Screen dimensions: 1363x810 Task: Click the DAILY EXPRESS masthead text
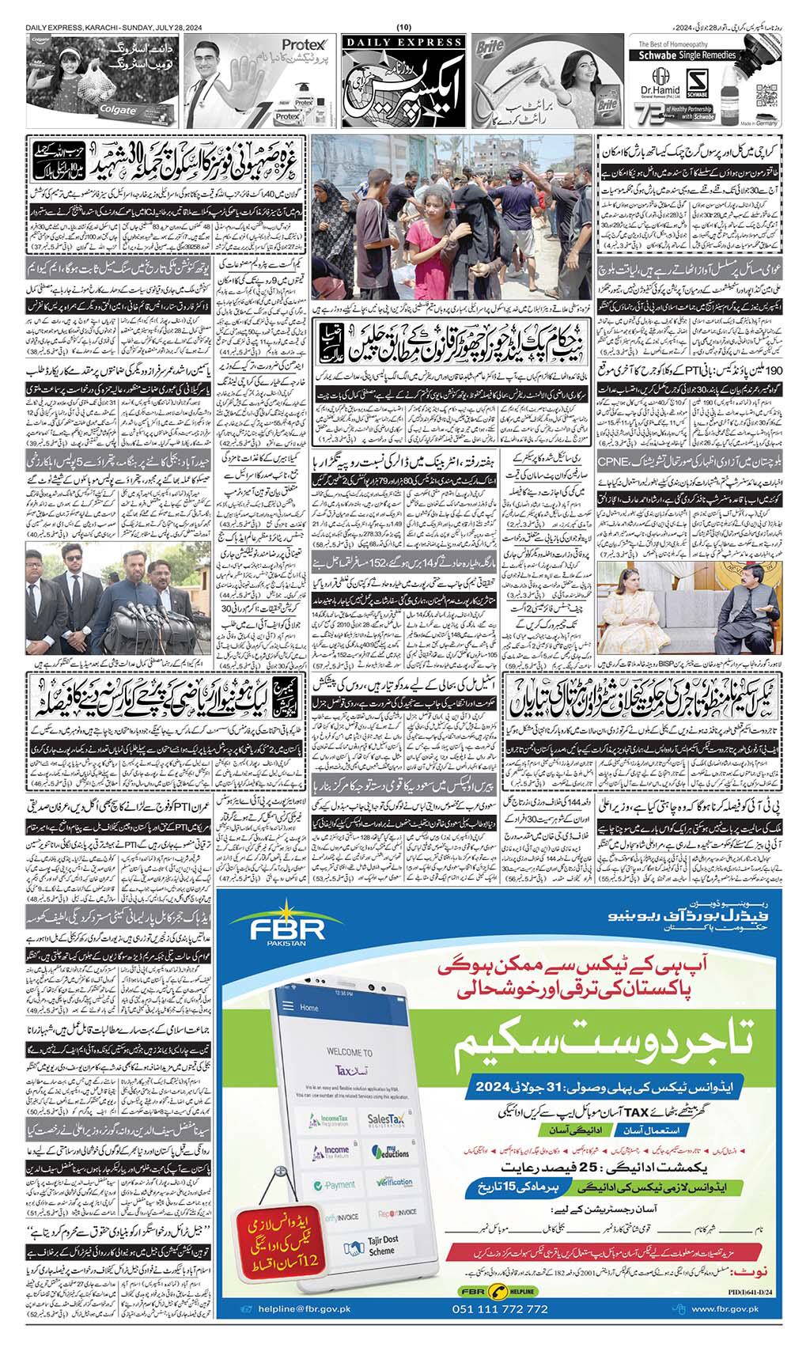403,42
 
